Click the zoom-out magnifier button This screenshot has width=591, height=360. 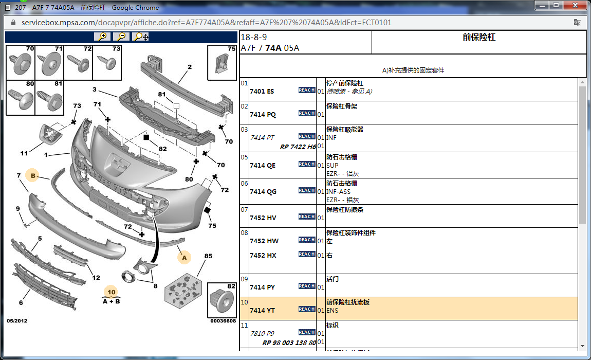[121, 37]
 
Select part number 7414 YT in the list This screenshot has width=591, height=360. [262, 310]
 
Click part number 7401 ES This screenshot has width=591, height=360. [262, 91]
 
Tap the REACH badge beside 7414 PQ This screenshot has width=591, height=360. [307, 113]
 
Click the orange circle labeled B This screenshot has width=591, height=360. [33, 175]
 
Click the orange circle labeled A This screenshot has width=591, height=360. [183, 257]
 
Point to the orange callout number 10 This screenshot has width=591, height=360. [111, 292]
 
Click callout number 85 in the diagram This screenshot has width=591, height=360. [208, 256]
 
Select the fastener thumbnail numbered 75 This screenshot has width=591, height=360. [222, 62]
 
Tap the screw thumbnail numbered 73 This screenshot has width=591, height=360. [107, 62]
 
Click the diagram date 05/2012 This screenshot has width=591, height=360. [17, 321]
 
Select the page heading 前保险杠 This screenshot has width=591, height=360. [478, 38]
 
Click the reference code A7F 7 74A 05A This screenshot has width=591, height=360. [270, 48]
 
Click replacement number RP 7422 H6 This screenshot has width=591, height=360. [298, 147]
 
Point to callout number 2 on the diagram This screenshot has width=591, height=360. [189, 67]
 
